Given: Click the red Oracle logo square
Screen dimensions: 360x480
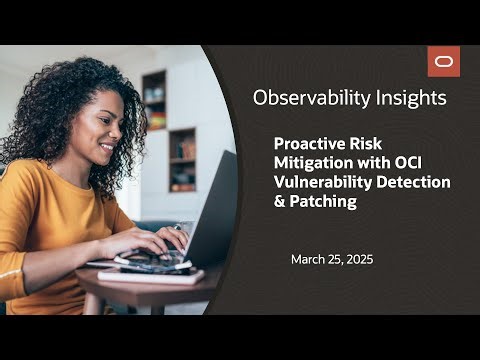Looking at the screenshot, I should tap(444, 61).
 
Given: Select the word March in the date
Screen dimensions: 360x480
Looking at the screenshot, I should tap(308, 260).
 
